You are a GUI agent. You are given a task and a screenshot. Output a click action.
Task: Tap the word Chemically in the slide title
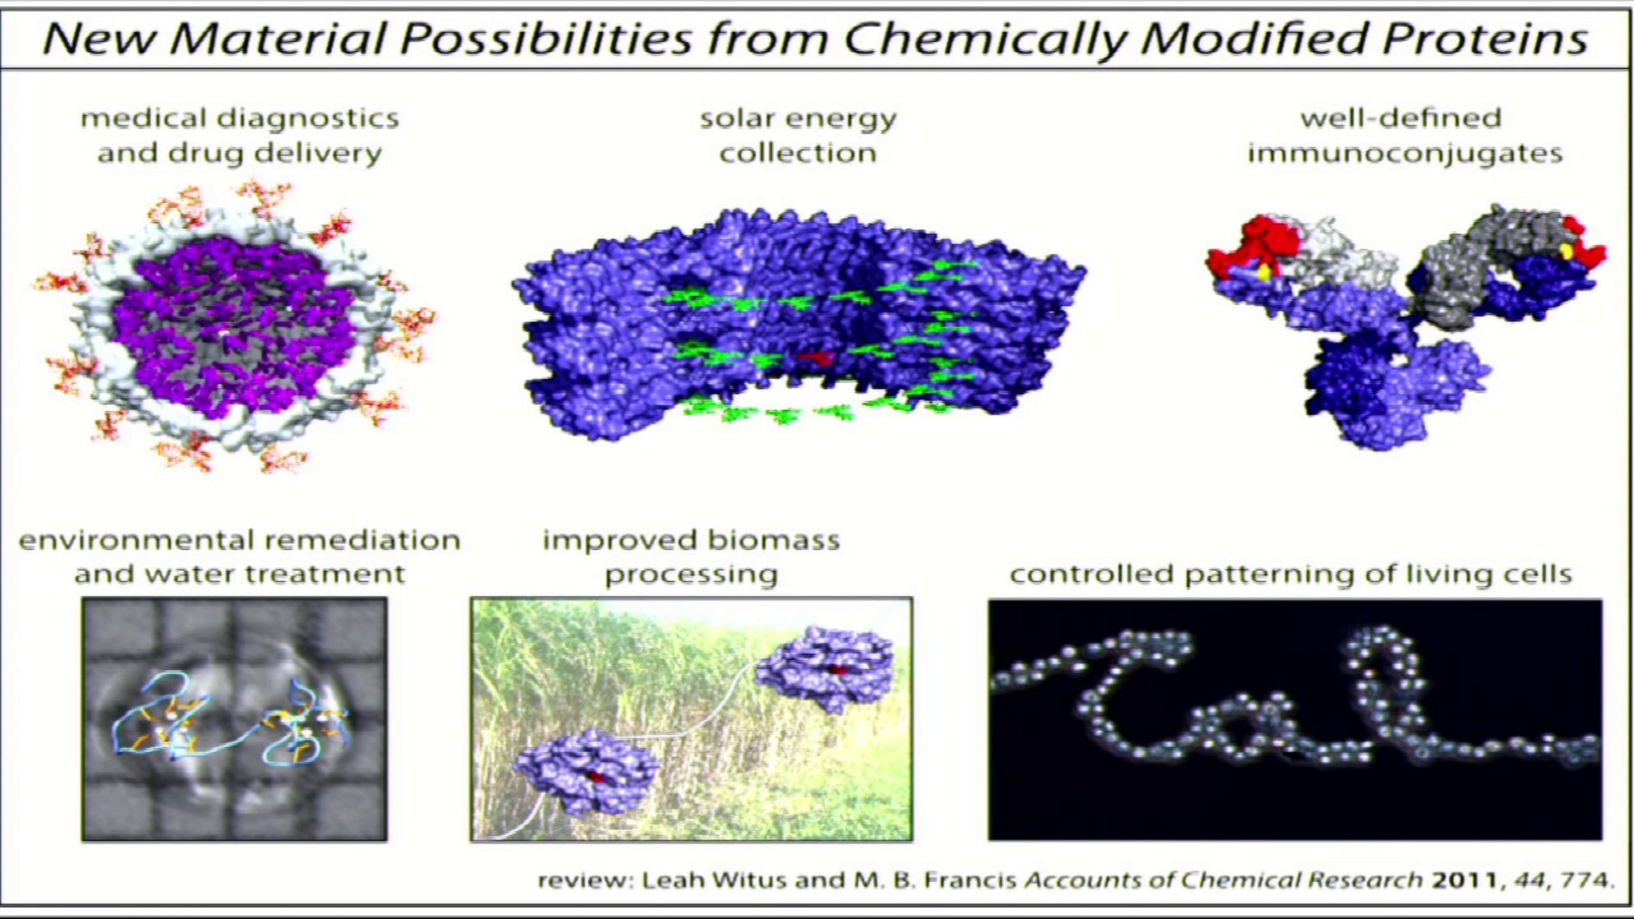pos(984,40)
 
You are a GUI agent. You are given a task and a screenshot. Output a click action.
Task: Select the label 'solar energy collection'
pos(798,135)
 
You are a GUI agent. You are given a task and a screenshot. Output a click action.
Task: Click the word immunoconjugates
pos(1405,154)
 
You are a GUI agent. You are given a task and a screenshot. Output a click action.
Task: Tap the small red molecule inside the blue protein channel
pos(817,357)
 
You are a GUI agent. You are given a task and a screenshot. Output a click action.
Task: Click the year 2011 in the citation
pos(1463,880)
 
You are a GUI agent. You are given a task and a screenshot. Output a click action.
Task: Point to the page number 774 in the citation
pos(1586,880)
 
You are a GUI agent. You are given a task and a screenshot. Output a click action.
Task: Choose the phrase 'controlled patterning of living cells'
pos(1291,575)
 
